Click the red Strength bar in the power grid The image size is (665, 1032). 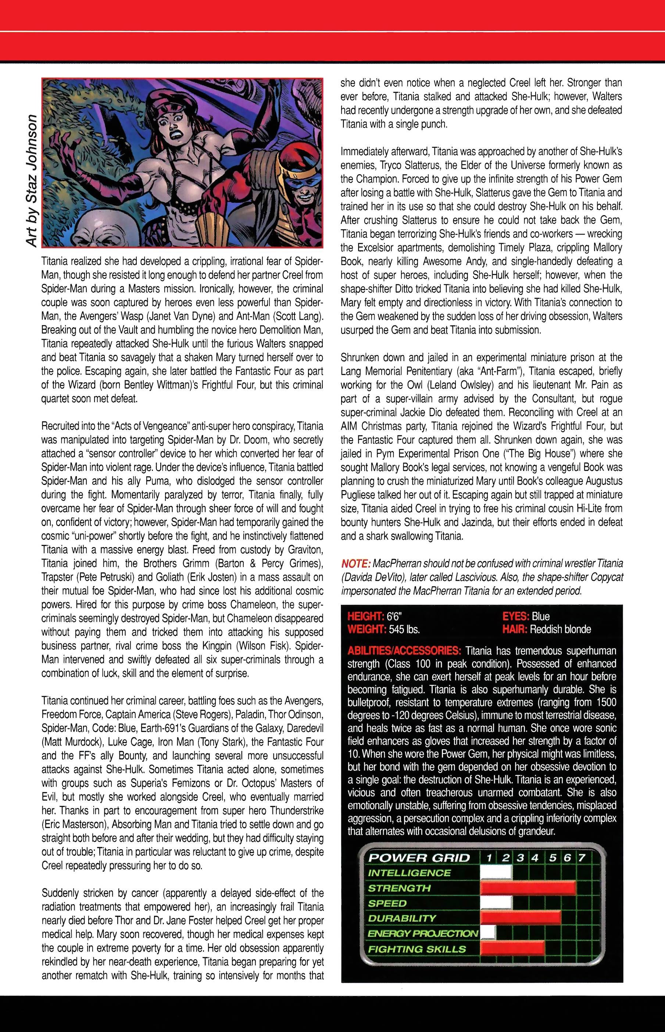(x=527, y=888)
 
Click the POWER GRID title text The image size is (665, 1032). (x=418, y=858)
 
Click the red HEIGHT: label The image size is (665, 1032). (x=366, y=617)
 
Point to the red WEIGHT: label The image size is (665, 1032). (x=367, y=629)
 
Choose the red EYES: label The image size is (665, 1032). (x=516, y=617)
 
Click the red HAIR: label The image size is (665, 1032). (x=515, y=629)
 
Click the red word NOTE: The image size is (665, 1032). (x=355, y=564)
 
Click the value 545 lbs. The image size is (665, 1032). (x=404, y=629)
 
